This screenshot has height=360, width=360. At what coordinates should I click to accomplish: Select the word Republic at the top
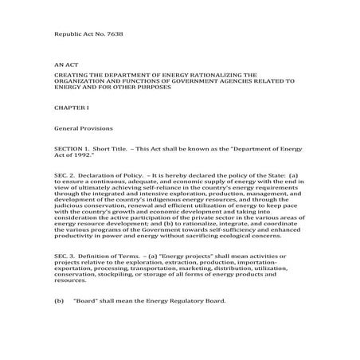[68, 37]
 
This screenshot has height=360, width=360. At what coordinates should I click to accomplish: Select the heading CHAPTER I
[70, 105]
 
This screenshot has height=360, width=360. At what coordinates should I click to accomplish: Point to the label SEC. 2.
[65, 174]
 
